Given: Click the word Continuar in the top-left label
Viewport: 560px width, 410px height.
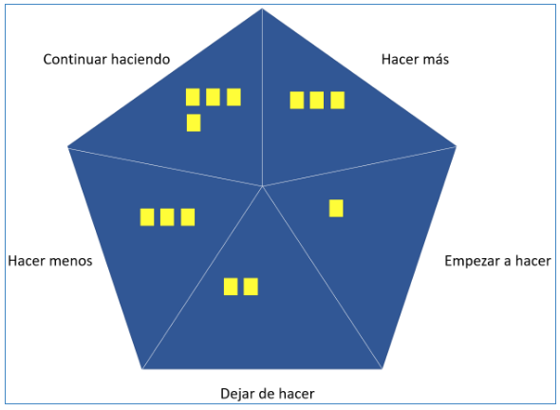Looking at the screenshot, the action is tap(75, 59).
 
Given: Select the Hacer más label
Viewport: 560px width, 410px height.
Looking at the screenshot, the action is tap(415, 59).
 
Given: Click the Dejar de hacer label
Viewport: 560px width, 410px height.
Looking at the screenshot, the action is tap(268, 394).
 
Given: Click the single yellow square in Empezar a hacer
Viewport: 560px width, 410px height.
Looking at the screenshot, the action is tap(336, 208).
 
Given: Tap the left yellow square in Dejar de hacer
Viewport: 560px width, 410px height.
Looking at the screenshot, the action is tap(231, 287).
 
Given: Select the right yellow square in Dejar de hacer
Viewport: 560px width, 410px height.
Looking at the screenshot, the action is tap(251, 287).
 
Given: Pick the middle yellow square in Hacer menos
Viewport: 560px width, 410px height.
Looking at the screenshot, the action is tap(167, 217).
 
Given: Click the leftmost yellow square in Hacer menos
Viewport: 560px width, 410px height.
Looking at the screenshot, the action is tap(147, 217).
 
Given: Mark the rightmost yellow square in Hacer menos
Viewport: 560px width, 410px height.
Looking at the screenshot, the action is tap(188, 217).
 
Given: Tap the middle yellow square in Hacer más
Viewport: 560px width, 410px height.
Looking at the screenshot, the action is tap(317, 101).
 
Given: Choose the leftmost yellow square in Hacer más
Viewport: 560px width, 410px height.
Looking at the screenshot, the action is tap(297, 101).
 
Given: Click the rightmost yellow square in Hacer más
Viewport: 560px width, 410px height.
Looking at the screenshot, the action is tap(338, 101).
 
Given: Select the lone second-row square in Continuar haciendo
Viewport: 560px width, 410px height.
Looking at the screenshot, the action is tap(194, 122).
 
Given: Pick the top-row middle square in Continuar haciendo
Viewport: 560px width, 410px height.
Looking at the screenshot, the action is tap(213, 97).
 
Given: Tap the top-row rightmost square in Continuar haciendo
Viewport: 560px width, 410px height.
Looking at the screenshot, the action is tap(233, 97).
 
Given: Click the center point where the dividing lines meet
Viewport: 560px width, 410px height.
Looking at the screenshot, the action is tap(263, 186).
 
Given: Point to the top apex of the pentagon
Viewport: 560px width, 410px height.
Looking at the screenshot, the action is tap(262, 9).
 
